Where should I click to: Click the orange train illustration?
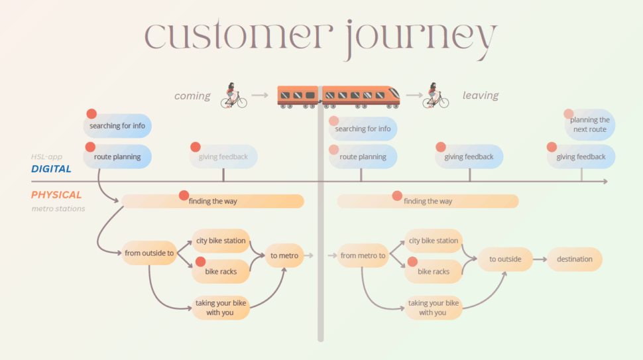[x=338, y=95]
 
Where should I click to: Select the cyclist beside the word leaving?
[x=436, y=95]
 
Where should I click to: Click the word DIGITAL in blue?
[x=51, y=169]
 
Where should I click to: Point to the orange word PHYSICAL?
[x=56, y=195]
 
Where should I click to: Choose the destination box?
[x=574, y=259]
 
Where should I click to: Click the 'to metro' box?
[x=284, y=255]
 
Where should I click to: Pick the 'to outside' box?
[x=505, y=259]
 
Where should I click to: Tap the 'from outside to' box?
[x=148, y=253]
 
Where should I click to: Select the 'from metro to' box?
[x=363, y=255]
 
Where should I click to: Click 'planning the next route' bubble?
[x=589, y=125]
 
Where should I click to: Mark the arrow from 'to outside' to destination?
[x=539, y=259]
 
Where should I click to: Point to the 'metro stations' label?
[x=58, y=209]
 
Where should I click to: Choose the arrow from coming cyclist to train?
[x=261, y=95]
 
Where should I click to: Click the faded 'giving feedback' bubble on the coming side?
[x=223, y=157]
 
